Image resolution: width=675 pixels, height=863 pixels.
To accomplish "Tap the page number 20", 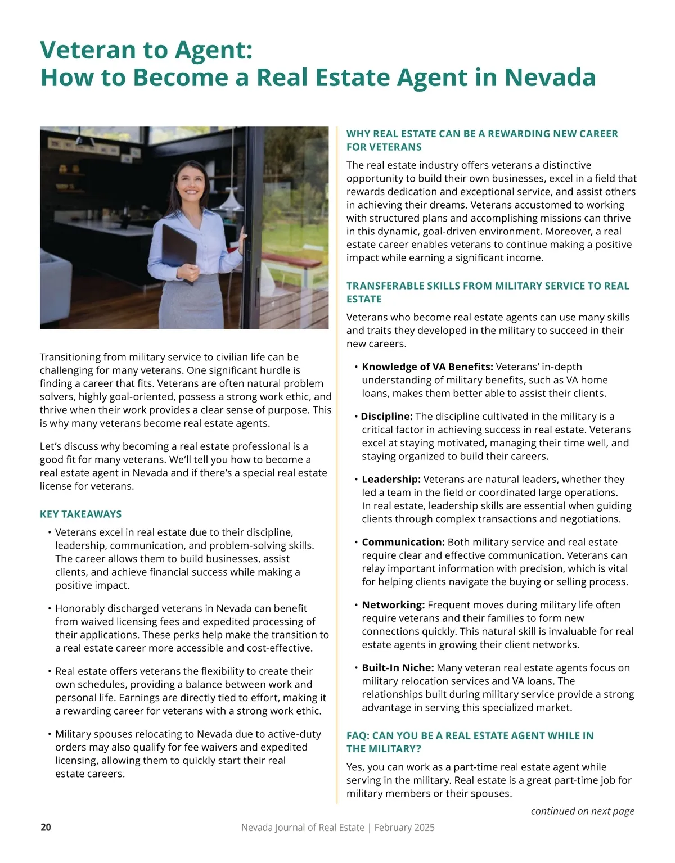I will (46, 828).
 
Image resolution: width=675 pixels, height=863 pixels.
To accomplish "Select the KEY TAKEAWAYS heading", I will (80, 514).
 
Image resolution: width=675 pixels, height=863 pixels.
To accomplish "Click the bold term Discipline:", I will (386, 417).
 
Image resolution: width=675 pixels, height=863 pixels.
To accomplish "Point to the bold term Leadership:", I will (391, 480).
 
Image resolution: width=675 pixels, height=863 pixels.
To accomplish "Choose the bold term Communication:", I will (403, 543).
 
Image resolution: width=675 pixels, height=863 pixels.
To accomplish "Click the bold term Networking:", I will (393, 605).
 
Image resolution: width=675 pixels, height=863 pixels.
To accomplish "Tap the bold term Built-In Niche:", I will (398, 668).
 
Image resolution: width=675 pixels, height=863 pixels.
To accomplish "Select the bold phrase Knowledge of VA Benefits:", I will (427, 367).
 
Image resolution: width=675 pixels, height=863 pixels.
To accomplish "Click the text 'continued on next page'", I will (582, 811).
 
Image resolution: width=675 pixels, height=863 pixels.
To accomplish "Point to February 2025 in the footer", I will (404, 828).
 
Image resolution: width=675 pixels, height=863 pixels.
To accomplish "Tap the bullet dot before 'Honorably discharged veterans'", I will (49, 608).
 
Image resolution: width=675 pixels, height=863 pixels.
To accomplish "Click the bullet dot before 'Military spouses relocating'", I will (49, 734).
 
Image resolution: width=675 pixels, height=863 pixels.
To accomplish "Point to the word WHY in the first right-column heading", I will (358, 134).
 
